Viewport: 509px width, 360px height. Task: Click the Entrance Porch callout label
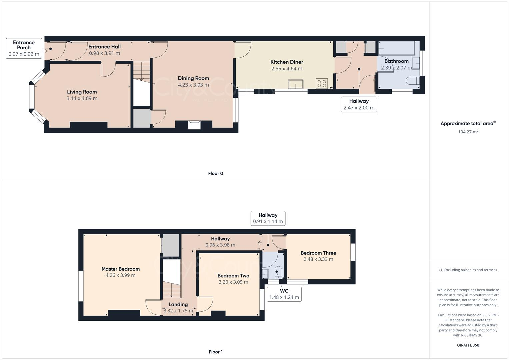(x=24, y=48)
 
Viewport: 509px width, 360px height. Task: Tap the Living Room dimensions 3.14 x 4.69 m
(x=82, y=98)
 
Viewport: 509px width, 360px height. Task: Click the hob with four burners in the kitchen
(x=322, y=83)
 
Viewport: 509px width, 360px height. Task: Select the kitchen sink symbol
(x=296, y=84)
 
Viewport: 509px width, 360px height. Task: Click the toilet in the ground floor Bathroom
(x=413, y=81)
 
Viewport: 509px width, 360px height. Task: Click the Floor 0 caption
(x=215, y=173)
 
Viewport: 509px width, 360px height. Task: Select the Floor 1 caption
(x=215, y=352)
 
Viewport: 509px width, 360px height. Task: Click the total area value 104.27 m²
(x=468, y=132)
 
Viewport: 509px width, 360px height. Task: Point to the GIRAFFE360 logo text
(x=468, y=345)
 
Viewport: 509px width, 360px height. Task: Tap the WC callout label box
(x=284, y=294)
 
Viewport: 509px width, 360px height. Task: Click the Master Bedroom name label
(x=120, y=269)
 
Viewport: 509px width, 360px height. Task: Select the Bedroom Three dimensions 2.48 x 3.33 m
(x=318, y=259)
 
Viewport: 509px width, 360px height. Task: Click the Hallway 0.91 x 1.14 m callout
(x=268, y=218)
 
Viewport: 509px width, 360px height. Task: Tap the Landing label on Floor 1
(x=178, y=304)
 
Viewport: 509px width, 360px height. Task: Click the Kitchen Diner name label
(x=287, y=62)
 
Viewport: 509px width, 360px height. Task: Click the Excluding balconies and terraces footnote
(x=468, y=270)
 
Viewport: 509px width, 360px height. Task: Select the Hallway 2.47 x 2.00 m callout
(x=359, y=104)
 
